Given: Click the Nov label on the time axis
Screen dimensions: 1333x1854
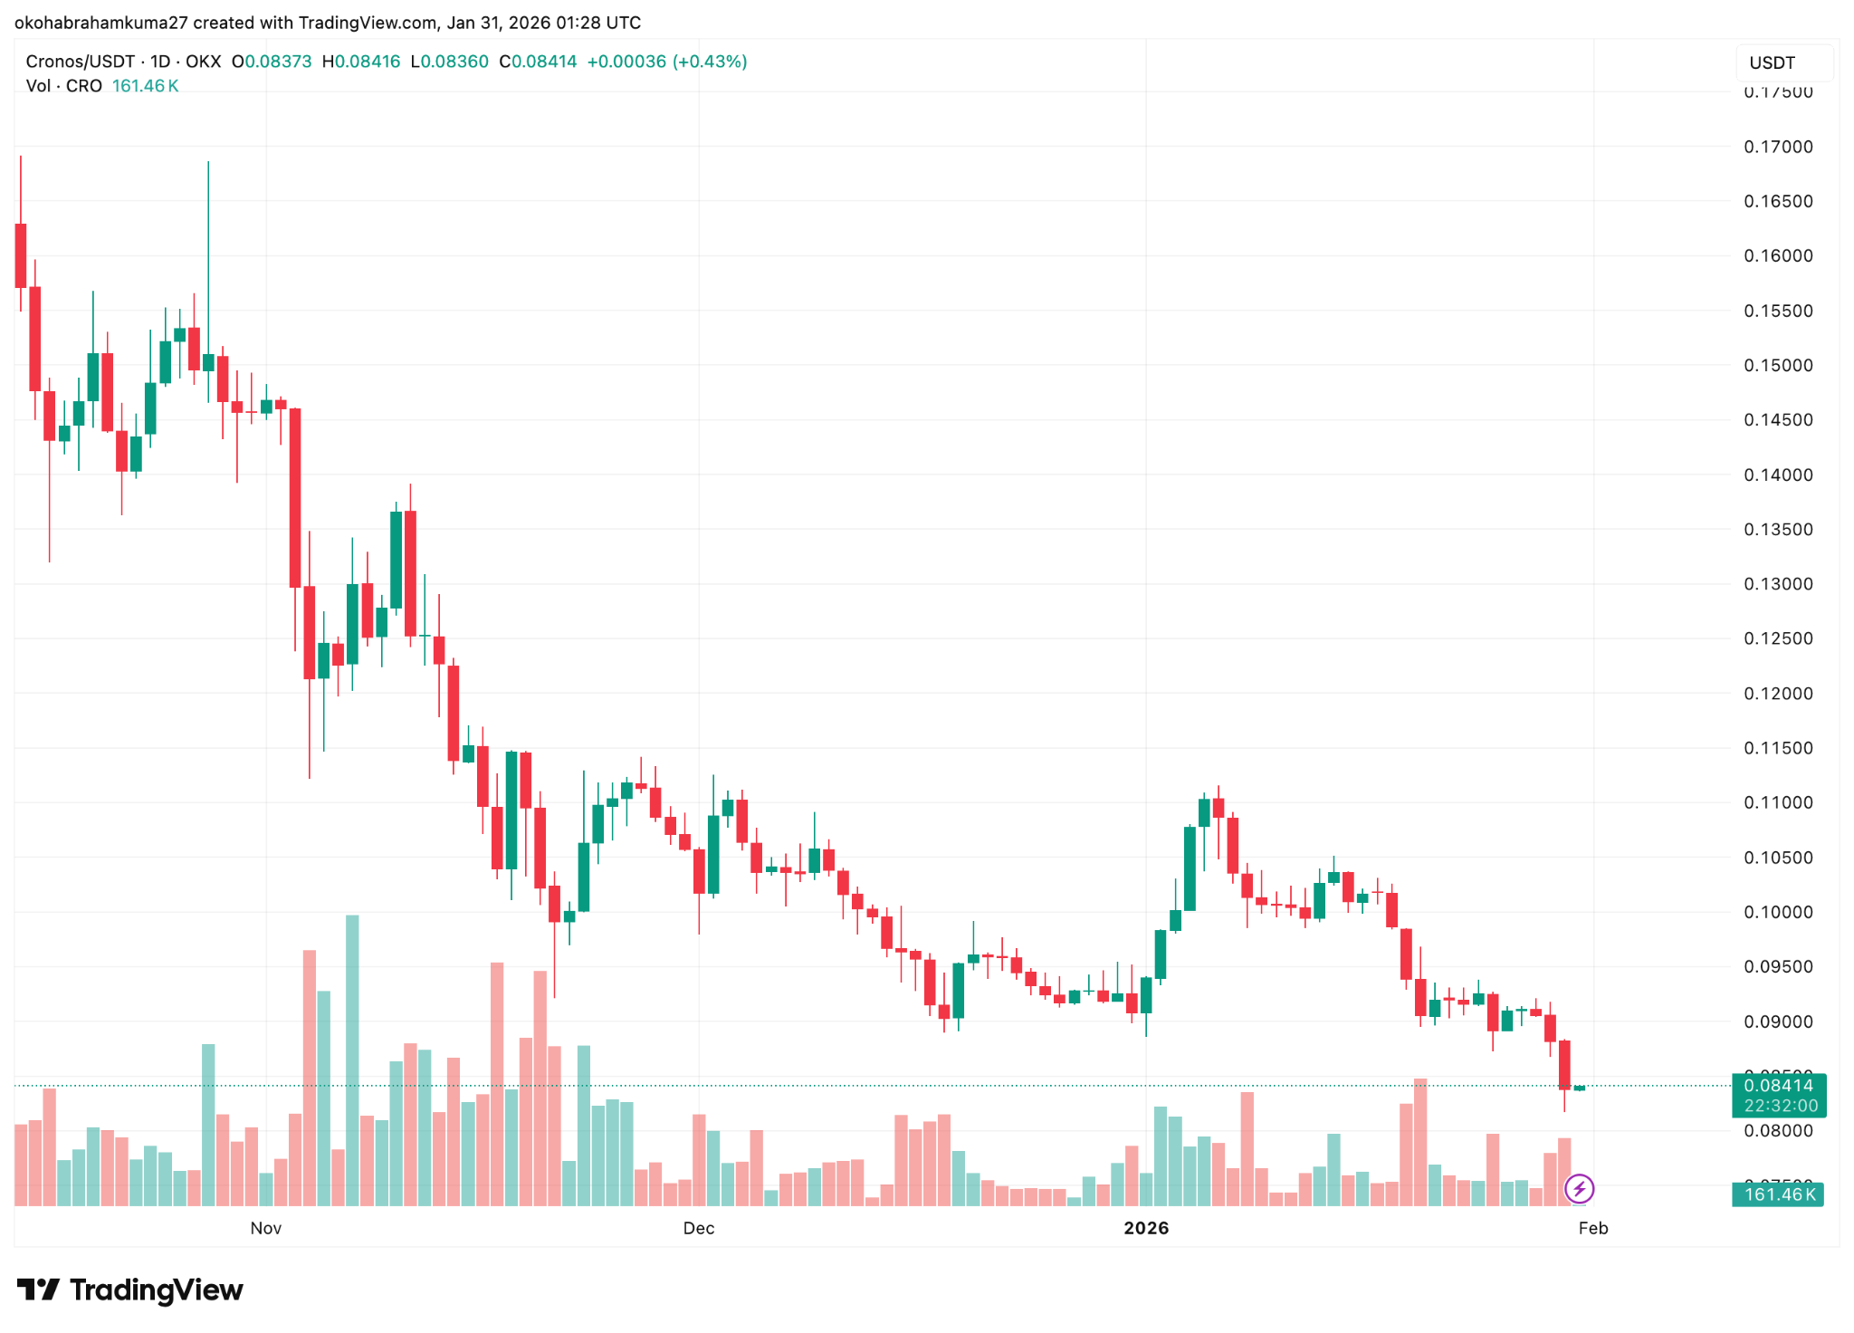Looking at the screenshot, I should (x=265, y=1228).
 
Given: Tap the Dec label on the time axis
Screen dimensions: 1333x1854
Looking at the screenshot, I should (x=698, y=1228).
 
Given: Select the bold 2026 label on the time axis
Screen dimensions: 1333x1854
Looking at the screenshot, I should (x=1146, y=1228).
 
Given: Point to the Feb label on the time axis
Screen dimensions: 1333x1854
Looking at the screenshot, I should (x=1592, y=1228).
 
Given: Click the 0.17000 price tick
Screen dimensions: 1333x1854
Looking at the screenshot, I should (x=1778, y=147).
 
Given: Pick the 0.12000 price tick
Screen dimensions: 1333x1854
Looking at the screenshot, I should (x=1778, y=694).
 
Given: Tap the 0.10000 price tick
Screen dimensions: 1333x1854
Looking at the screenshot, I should (x=1778, y=912).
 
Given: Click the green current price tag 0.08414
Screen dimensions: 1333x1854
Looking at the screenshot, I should (x=1778, y=1086).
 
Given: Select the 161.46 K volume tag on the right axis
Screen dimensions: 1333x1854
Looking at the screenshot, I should (x=1778, y=1194).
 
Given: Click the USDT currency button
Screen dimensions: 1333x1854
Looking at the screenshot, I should (x=1772, y=62).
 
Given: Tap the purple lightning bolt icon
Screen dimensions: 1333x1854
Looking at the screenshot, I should (x=1579, y=1188).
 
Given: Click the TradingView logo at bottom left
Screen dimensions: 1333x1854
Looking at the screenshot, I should (x=130, y=1290).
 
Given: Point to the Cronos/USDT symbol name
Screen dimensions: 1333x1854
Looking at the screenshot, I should (x=80, y=62).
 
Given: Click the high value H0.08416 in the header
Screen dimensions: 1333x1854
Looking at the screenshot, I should (x=361, y=62).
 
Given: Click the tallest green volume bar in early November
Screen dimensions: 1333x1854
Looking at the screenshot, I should (x=352, y=1060).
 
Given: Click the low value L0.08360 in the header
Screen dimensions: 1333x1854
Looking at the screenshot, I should (x=449, y=62).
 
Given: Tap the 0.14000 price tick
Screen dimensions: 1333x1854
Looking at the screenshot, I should (x=1778, y=475).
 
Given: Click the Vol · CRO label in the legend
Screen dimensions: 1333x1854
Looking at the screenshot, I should (x=63, y=86).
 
